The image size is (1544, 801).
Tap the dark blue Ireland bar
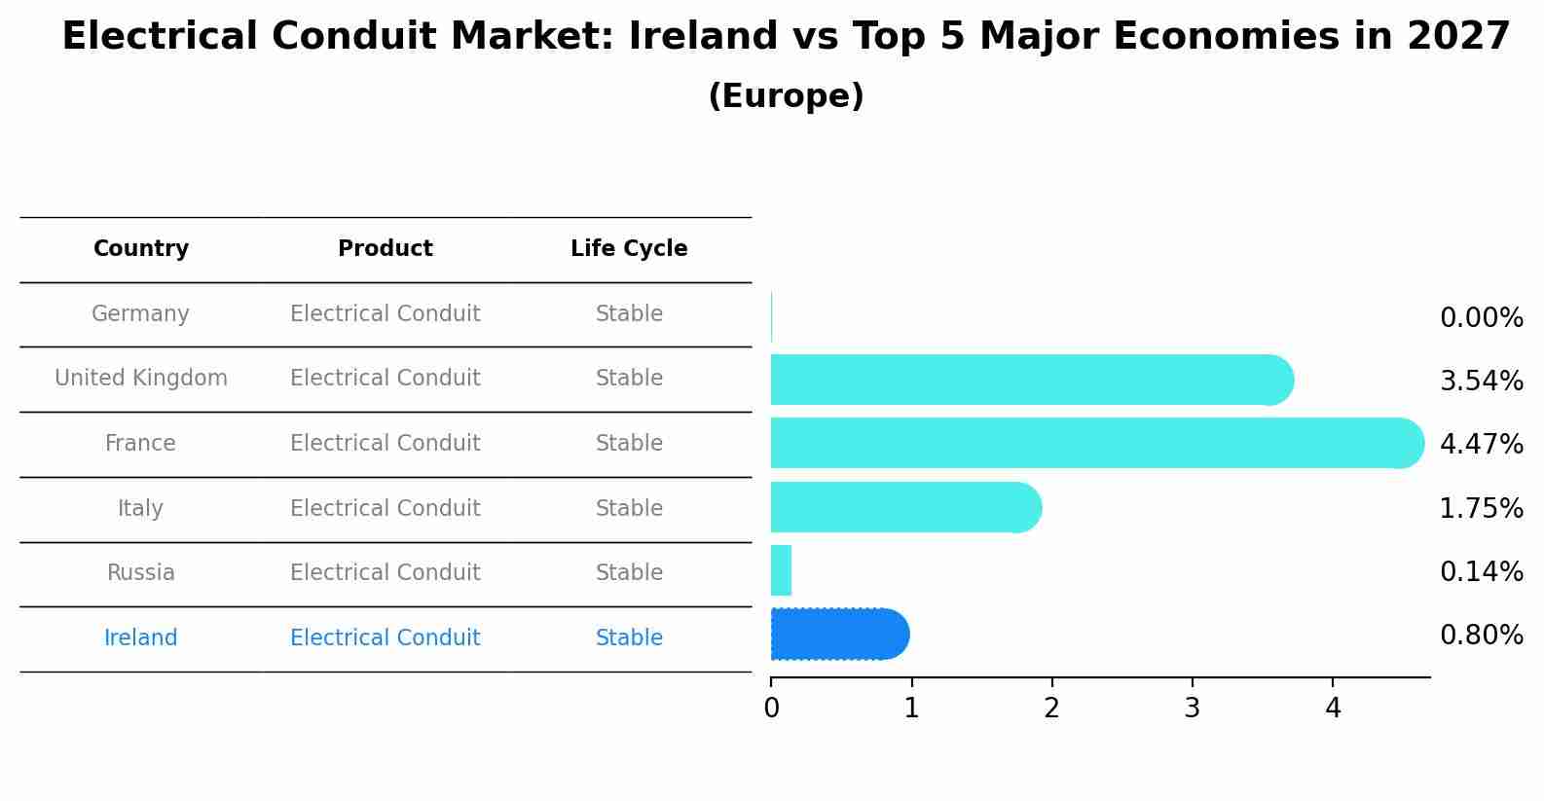(x=838, y=635)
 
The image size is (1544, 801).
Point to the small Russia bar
(x=781, y=570)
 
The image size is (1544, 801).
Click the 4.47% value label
(x=1481, y=445)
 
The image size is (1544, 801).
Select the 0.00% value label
(x=1481, y=318)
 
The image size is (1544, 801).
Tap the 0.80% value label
(x=1481, y=636)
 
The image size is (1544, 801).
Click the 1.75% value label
(x=1481, y=508)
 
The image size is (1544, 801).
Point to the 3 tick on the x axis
(x=1192, y=709)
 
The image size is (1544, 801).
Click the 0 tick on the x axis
(x=771, y=709)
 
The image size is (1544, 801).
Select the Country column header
(x=141, y=249)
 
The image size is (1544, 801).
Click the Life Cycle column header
(x=629, y=249)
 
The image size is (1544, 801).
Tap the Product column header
(x=386, y=249)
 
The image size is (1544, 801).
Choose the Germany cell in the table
(x=140, y=314)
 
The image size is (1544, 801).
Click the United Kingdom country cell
(x=141, y=379)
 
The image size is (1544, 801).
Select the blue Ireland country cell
(x=141, y=638)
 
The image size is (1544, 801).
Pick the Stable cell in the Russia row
(x=629, y=573)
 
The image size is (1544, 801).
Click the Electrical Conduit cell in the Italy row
(x=386, y=509)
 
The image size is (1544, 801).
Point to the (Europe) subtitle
(x=786, y=96)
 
